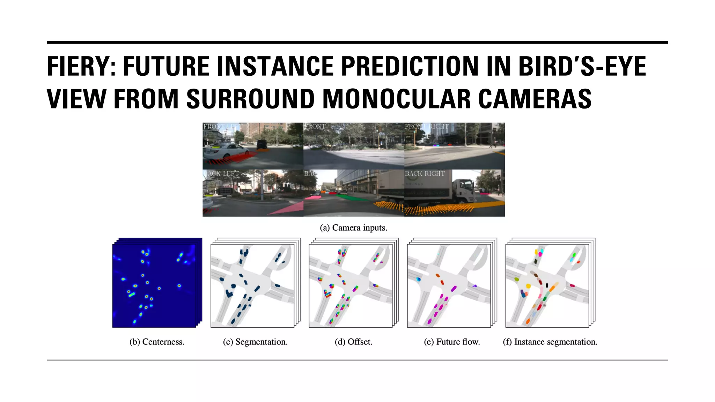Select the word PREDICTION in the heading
pyautogui.click(x=409, y=66)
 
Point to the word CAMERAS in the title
pyautogui.click(x=535, y=99)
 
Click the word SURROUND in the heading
pyautogui.click(x=251, y=99)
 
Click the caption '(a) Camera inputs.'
pyautogui.click(x=353, y=228)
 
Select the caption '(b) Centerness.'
pyautogui.click(x=157, y=342)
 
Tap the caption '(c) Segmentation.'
pyautogui.click(x=255, y=342)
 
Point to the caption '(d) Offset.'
pyautogui.click(x=353, y=342)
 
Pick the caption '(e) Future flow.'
pyautogui.click(x=452, y=342)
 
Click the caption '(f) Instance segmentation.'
pyautogui.click(x=550, y=342)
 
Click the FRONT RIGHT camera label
pyautogui.click(x=426, y=126)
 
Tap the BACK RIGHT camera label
pyautogui.click(x=425, y=173)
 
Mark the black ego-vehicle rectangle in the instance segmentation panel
pyautogui.click(x=547, y=285)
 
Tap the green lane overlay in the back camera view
pyautogui.click(x=353, y=198)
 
